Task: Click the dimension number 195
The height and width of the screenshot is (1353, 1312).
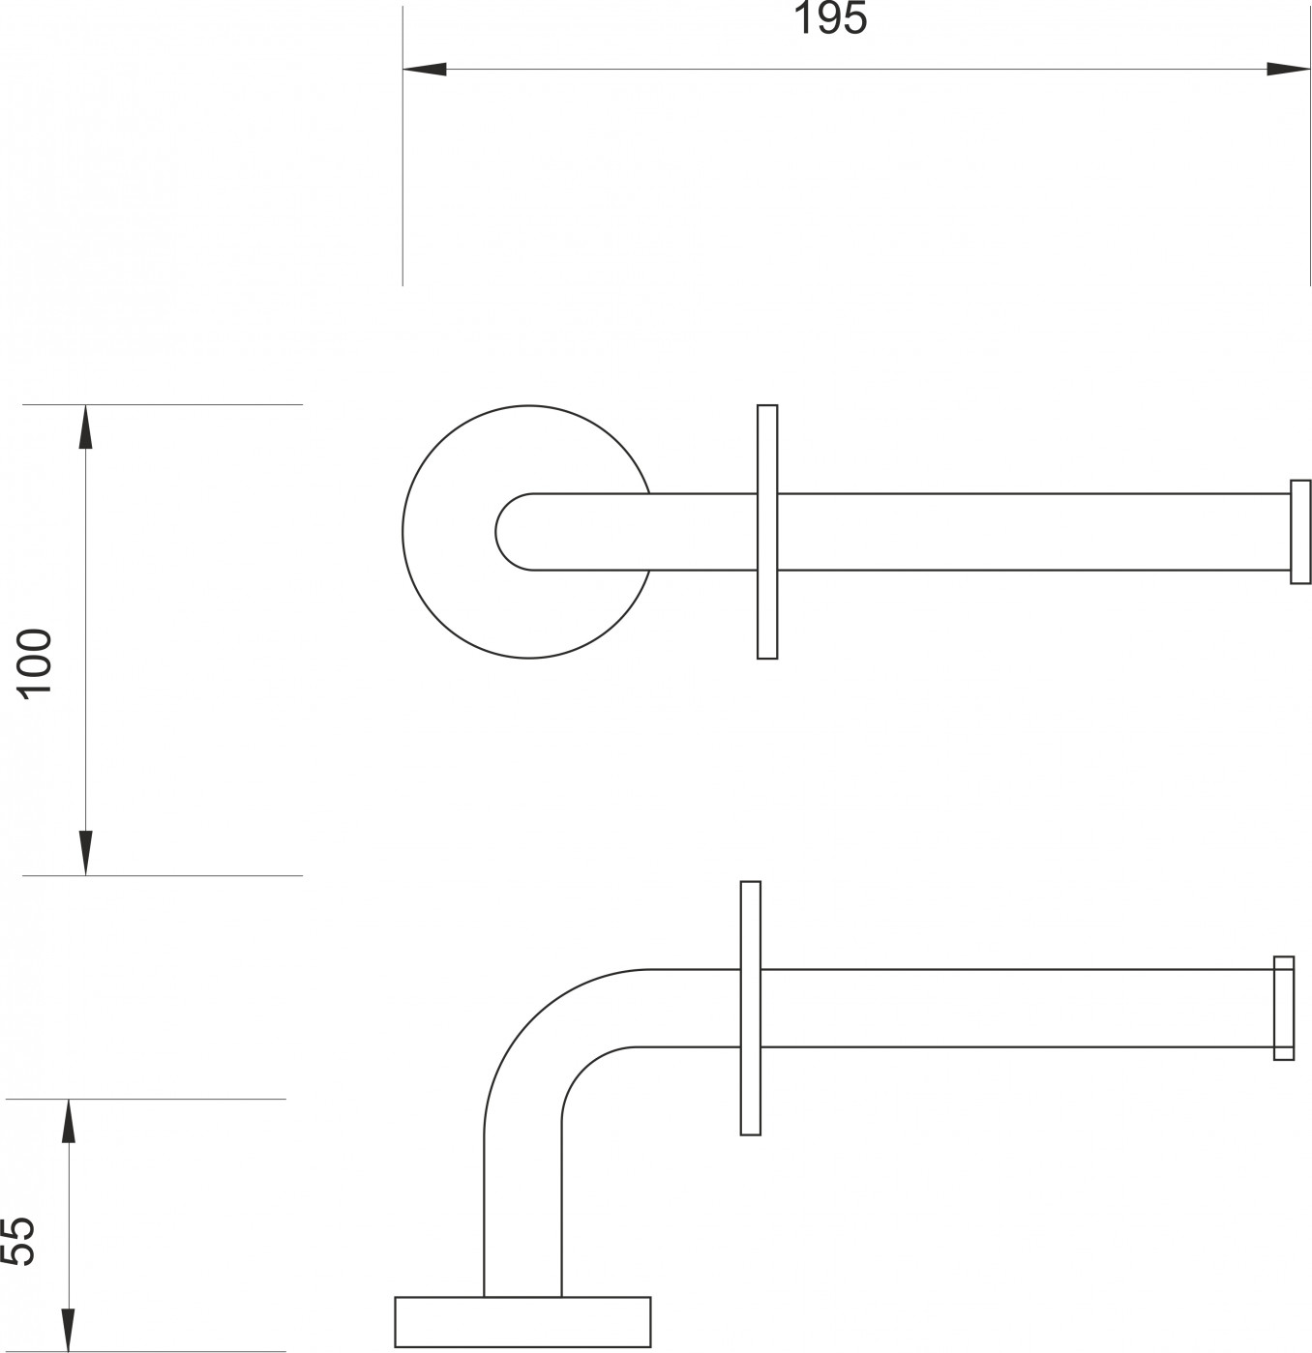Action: click(830, 19)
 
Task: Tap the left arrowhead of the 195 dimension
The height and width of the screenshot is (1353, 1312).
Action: click(425, 70)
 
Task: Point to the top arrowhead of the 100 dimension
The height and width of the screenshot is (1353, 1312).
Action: click(85, 426)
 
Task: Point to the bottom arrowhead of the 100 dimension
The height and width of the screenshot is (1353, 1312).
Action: click(85, 852)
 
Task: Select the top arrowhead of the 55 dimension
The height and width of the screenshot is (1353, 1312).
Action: click(68, 1122)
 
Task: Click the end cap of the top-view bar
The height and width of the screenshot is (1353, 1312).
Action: click(1300, 531)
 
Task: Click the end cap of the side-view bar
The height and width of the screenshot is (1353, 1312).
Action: click(1284, 1008)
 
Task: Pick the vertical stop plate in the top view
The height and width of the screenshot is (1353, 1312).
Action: click(767, 531)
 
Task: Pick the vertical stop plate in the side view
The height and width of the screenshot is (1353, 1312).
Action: click(751, 1008)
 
